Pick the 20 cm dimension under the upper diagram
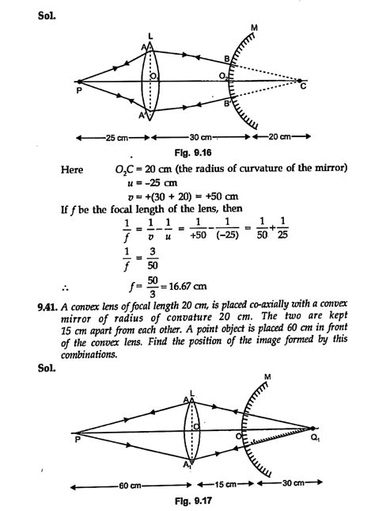coord(276,136)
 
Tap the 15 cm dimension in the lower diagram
coord(225,482)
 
